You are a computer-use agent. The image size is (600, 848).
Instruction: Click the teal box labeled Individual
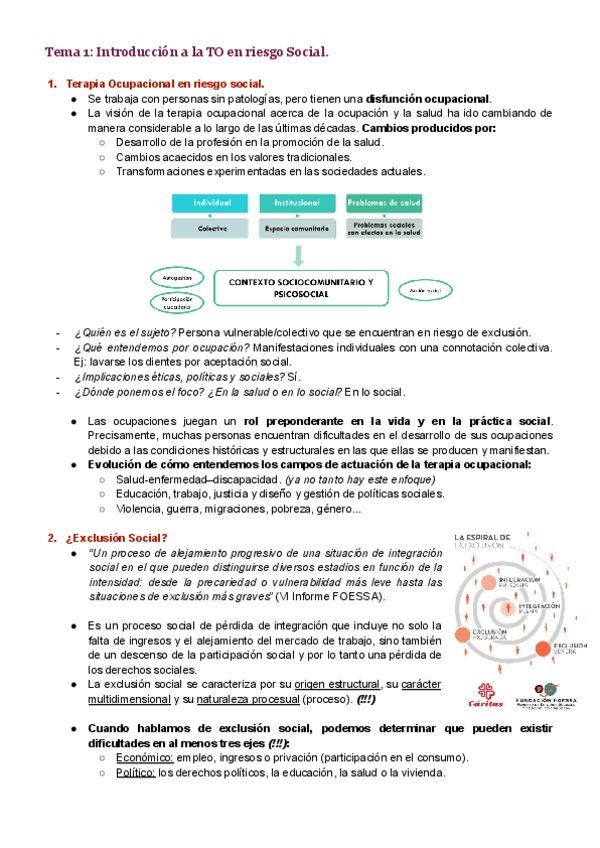(211, 203)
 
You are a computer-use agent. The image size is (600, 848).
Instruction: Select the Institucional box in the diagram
(297, 203)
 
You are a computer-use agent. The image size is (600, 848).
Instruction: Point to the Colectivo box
(211, 228)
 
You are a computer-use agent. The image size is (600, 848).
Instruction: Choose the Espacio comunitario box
(297, 228)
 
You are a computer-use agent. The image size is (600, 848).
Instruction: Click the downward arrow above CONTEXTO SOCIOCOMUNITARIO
(297, 254)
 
